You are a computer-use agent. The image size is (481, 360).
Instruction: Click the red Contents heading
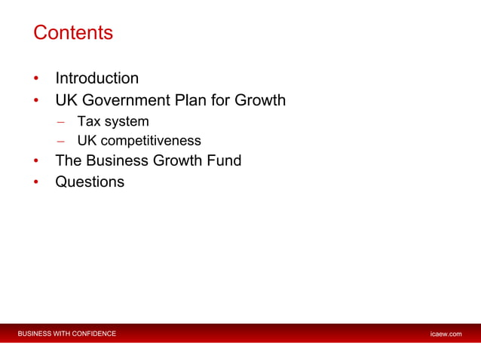tap(73, 34)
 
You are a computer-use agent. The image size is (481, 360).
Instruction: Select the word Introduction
tap(97, 78)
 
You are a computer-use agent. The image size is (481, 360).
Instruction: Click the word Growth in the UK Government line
tap(259, 100)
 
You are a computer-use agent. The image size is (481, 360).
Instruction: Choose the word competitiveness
tap(152, 141)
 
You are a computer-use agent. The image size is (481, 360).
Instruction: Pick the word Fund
tap(224, 160)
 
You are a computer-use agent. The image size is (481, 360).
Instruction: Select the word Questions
tap(90, 182)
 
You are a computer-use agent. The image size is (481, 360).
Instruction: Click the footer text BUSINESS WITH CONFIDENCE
tap(67, 334)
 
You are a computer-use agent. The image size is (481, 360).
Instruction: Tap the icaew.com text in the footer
tap(445, 334)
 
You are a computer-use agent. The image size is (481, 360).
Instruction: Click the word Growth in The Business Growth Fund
tap(178, 160)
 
